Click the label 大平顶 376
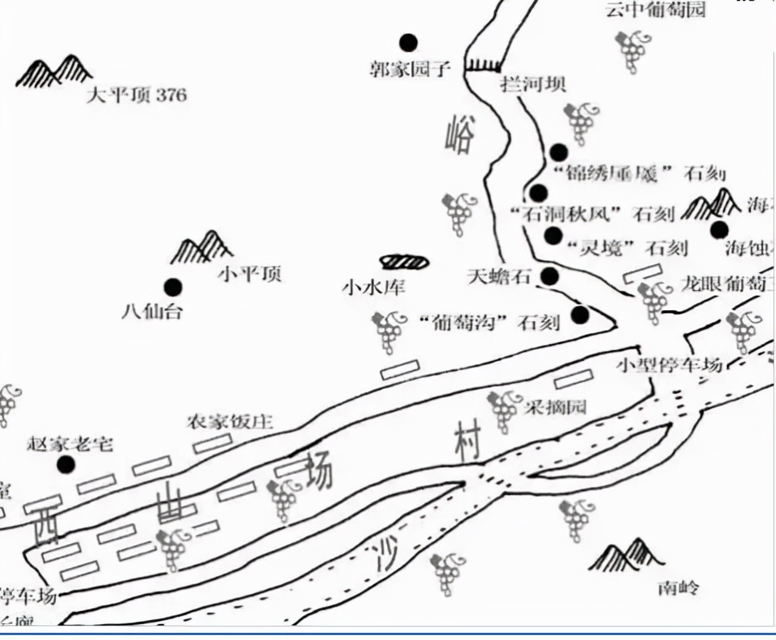point(136,95)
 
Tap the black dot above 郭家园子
point(408,42)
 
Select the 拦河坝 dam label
point(533,84)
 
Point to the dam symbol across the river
point(483,65)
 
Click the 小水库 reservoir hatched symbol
point(404,261)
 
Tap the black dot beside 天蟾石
point(549,276)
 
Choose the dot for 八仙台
point(173,287)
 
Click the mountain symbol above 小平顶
point(202,247)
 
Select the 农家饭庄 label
point(230,421)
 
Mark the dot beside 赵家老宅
point(65,465)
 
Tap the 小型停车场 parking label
point(669,365)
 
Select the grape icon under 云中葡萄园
point(634,52)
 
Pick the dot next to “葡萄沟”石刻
point(580,315)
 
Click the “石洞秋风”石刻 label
point(592,214)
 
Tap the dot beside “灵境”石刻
point(553,235)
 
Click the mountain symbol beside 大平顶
point(53,72)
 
